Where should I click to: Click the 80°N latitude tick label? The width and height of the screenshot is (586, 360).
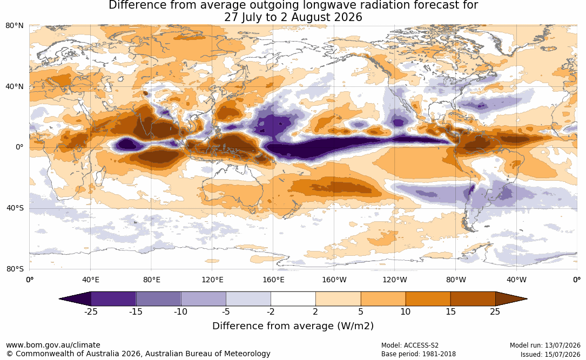(x=15, y=26)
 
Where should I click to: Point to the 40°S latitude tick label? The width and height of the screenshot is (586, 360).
(x=15, y=208)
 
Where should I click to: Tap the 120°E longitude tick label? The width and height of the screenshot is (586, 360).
(x=212, y=280)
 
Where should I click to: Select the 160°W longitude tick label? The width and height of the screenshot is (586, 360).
(x=334, y=280)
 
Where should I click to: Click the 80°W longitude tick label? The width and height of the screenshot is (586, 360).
(x=456, y=280)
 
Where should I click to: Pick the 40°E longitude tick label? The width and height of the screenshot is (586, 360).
(x=90, y=280)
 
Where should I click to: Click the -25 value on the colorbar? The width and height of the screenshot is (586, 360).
(x=91, y=311)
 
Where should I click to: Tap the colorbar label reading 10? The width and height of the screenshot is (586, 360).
(x=406, y=311)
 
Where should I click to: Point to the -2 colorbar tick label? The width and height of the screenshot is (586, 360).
(x=271, y=311)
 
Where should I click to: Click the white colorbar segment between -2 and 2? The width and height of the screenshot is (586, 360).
(x=293, y=299)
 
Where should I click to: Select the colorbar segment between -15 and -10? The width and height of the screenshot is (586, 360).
(x=158, y=299)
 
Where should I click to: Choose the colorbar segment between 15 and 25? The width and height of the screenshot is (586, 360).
(x=473, y=299)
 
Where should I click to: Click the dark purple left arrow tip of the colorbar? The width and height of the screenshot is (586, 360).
(x=60, y=299)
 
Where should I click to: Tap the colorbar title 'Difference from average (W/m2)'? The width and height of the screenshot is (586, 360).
(x=293, y=326)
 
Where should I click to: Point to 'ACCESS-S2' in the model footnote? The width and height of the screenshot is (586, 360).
(x=421, y=345)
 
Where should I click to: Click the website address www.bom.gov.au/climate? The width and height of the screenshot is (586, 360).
(x=53, y=345)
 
